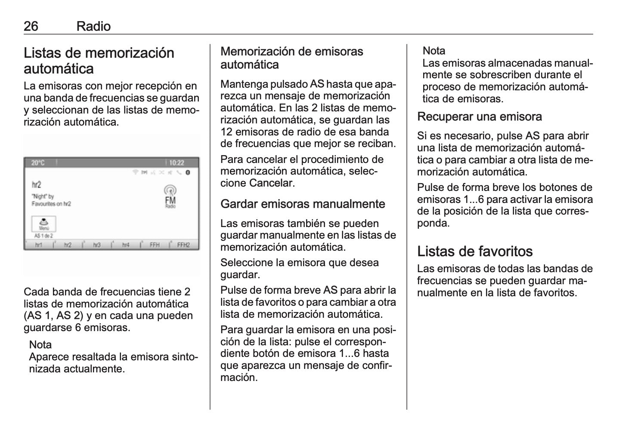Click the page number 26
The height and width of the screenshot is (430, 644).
click(31, 27)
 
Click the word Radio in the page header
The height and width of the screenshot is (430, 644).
click(93, 27)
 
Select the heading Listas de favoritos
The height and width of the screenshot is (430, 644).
click(475, 251)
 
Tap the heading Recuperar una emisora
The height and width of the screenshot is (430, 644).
click(480, 117)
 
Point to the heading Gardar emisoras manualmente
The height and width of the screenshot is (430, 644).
click(303, 204)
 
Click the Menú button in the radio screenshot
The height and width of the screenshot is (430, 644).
click(44, 224)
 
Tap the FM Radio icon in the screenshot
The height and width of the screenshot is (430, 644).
click(170, 197)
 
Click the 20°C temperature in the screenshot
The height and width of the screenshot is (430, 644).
click(38, 163)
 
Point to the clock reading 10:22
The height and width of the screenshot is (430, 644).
click(176, 163)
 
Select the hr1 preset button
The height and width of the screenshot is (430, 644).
click(39, 245)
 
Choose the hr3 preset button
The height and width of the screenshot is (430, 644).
click(96, 245)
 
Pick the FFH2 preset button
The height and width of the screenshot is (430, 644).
click(183, 245)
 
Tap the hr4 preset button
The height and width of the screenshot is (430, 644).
click(125, 245)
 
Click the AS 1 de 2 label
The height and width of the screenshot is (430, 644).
click(43, 236)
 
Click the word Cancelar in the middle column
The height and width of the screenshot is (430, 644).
click(271, 183)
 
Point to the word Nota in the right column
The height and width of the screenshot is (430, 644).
click(433, 51)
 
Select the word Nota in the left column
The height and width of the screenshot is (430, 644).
click(40, 345)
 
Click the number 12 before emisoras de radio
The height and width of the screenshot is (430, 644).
click(226, 132)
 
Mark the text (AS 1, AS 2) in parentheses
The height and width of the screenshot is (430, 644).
click(54, 316)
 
